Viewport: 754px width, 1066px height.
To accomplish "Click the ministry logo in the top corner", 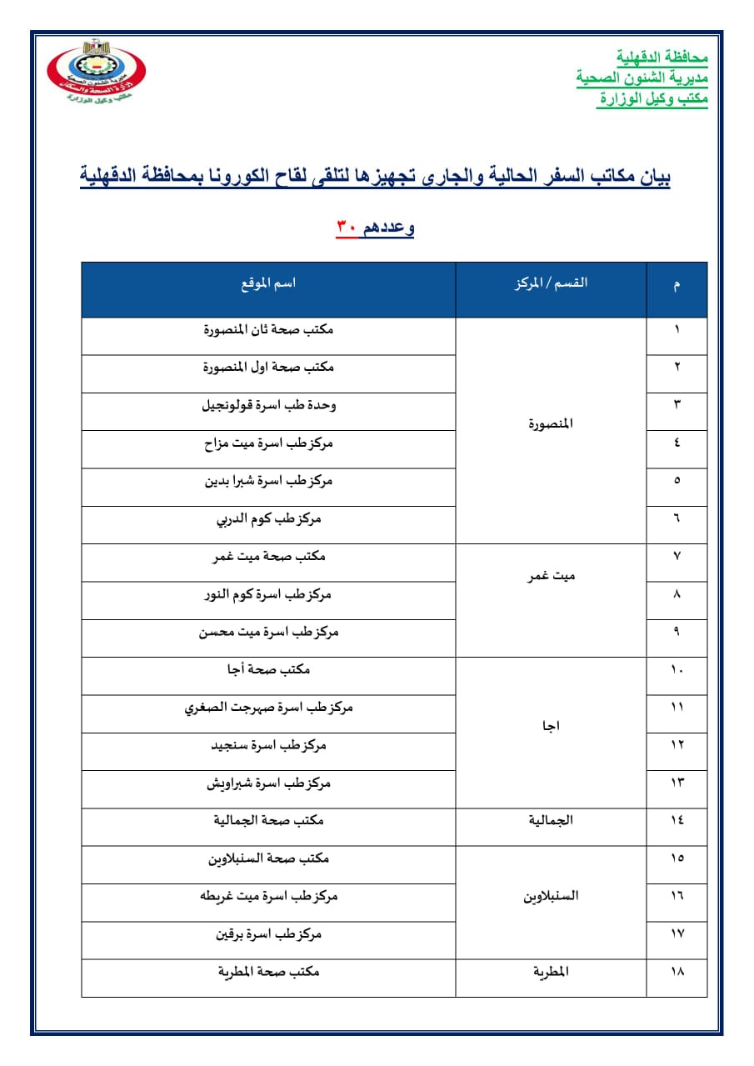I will click(96, 73).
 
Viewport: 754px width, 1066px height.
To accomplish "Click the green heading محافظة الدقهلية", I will click(662, 58).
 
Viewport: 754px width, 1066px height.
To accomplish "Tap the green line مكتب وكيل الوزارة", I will click(652, 99).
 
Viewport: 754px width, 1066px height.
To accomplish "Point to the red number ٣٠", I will click(347, 228).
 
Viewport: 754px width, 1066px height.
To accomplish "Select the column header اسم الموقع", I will click(267, 283).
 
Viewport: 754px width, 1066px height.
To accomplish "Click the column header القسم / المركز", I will click(551, 283).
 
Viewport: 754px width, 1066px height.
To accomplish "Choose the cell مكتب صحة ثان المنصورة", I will click(268, 330).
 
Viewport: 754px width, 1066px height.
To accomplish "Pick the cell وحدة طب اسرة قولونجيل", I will click(268, 406).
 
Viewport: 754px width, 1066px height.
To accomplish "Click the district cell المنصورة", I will click(551, 424).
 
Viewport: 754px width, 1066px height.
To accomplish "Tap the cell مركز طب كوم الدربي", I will click(268, 519).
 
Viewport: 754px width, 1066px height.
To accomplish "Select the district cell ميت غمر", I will click(551, 576).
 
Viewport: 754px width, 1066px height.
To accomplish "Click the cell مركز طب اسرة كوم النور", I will click(268, 595).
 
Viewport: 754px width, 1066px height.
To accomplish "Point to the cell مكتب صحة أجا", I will click(268, 670).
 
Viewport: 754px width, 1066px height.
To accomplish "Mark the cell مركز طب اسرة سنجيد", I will click(268, 746).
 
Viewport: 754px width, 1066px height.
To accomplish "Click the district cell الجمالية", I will click(551, 821).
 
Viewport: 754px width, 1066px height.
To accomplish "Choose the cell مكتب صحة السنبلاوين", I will click(268, 858).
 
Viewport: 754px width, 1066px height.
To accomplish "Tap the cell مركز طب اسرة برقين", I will click(268, 934).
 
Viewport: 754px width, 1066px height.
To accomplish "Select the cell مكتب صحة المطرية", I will click(268, 973).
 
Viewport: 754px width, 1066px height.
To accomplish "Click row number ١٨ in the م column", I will click(677, 973).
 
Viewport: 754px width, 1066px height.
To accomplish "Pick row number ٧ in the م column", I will click(677, 557).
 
